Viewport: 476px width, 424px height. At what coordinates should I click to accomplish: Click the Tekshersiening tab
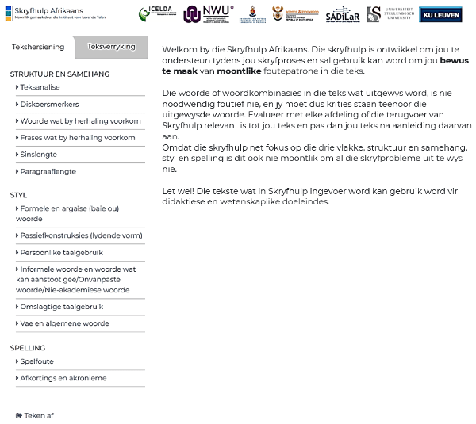[38, 47]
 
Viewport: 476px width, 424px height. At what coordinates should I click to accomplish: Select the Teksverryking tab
[111, 47]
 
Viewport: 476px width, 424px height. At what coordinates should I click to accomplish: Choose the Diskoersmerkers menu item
[49, 104]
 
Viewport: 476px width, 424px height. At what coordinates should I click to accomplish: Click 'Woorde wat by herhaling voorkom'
[80, 121]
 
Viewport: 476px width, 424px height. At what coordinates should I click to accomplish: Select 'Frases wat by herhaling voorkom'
[78, 138]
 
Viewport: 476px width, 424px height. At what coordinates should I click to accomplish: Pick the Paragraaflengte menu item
[48, 171]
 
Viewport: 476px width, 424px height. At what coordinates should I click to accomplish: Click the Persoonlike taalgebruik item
[62, 252]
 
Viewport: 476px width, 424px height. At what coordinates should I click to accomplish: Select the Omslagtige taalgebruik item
[62, 307]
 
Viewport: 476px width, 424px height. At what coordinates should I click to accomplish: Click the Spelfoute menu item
[36, 361]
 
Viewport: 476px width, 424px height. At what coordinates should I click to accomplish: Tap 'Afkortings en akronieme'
[63, 378]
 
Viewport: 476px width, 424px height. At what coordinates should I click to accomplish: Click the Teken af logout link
[35, 415]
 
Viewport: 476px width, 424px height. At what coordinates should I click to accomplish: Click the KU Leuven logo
[441, 15]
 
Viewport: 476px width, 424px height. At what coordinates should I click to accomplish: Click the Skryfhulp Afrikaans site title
[49, 10]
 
